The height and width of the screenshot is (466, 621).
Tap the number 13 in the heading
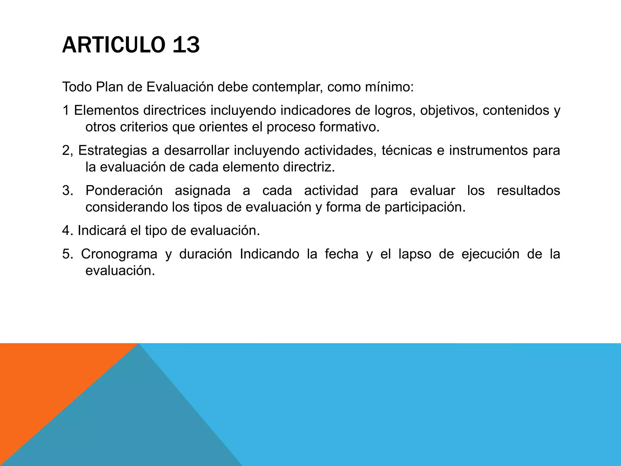(x=186, y=45)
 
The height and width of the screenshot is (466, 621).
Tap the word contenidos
(x=516, y=110)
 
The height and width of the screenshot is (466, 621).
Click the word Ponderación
(x=124, y=191)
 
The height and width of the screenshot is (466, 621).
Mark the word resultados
(x=528, y=191)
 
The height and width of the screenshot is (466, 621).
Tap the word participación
(x=425, y=207)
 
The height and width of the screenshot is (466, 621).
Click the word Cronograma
(x=119, y=254)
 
